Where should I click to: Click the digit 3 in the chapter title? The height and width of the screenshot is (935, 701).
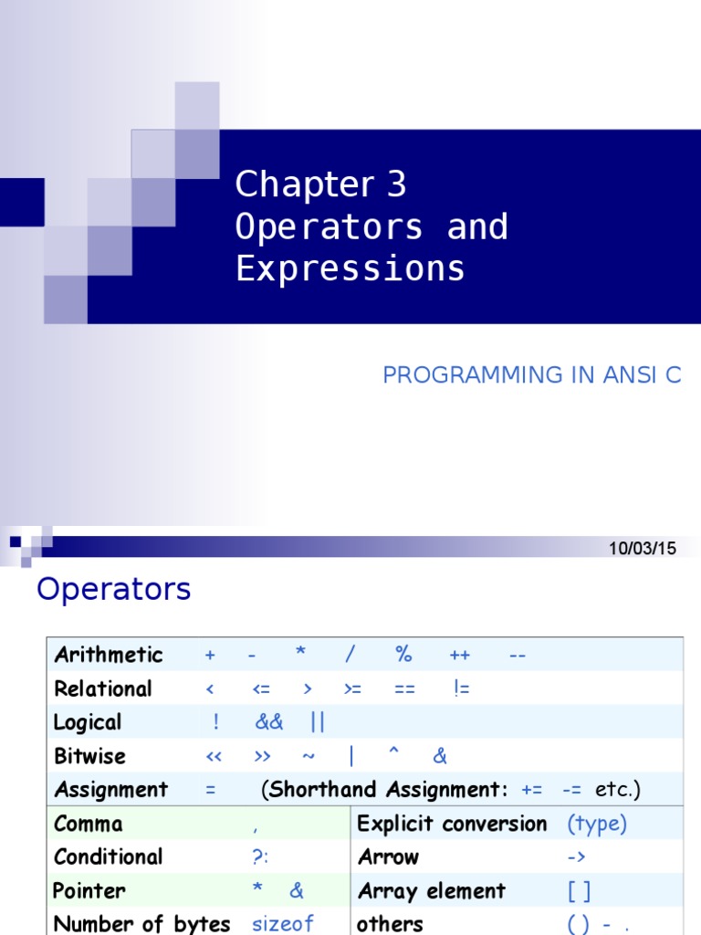point(396,185)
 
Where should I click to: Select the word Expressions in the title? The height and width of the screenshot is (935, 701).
point(350,269)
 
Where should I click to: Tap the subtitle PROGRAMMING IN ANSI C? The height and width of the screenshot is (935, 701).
point(532,375)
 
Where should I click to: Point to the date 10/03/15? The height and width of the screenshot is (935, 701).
point(643,549)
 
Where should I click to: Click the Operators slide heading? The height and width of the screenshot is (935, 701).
point(113,590)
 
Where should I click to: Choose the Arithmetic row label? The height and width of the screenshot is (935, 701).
point(109,655)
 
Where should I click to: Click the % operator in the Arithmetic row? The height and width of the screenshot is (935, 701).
point(403,655)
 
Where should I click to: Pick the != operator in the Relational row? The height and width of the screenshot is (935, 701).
point(461,688)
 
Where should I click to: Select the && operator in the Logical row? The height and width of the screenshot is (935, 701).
point(269,722)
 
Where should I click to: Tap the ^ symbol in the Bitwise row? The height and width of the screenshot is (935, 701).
point(394,754)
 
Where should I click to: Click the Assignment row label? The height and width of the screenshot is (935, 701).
point(111,789)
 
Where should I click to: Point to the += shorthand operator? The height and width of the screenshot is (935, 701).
point(532,790)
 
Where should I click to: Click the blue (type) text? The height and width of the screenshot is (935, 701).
point(597,824)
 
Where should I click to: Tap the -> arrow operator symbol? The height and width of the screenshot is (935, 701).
point(576,857)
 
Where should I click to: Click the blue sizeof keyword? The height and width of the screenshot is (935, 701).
point(283,924)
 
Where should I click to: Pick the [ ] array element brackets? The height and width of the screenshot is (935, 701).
point(579,891)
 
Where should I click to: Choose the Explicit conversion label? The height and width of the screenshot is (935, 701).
point(452,824)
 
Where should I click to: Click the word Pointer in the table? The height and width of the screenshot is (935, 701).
point(89,891)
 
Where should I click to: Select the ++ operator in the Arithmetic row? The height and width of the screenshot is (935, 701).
point(459,656)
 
